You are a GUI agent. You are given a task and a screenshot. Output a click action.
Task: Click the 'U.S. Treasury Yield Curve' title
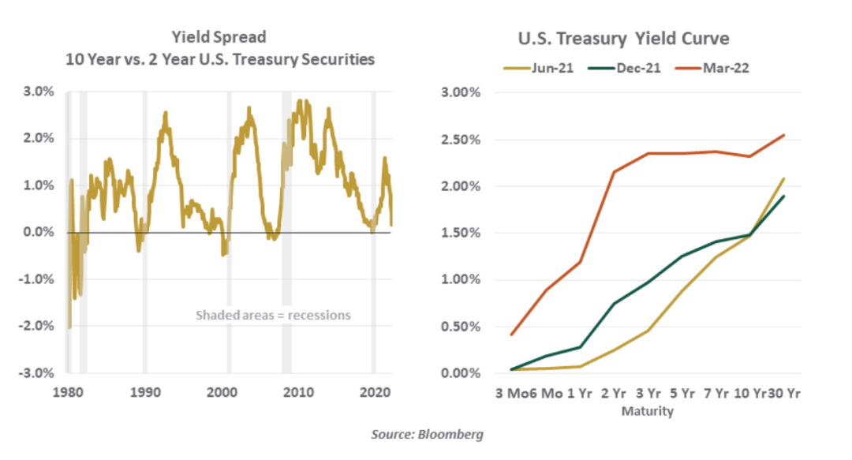click(624, 39)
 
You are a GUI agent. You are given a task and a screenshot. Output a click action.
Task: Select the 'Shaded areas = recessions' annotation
click(273, 316)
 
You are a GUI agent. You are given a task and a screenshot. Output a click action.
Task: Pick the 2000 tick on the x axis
click(221, 391)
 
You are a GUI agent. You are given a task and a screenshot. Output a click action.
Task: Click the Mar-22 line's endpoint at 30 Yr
click(784, 135)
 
